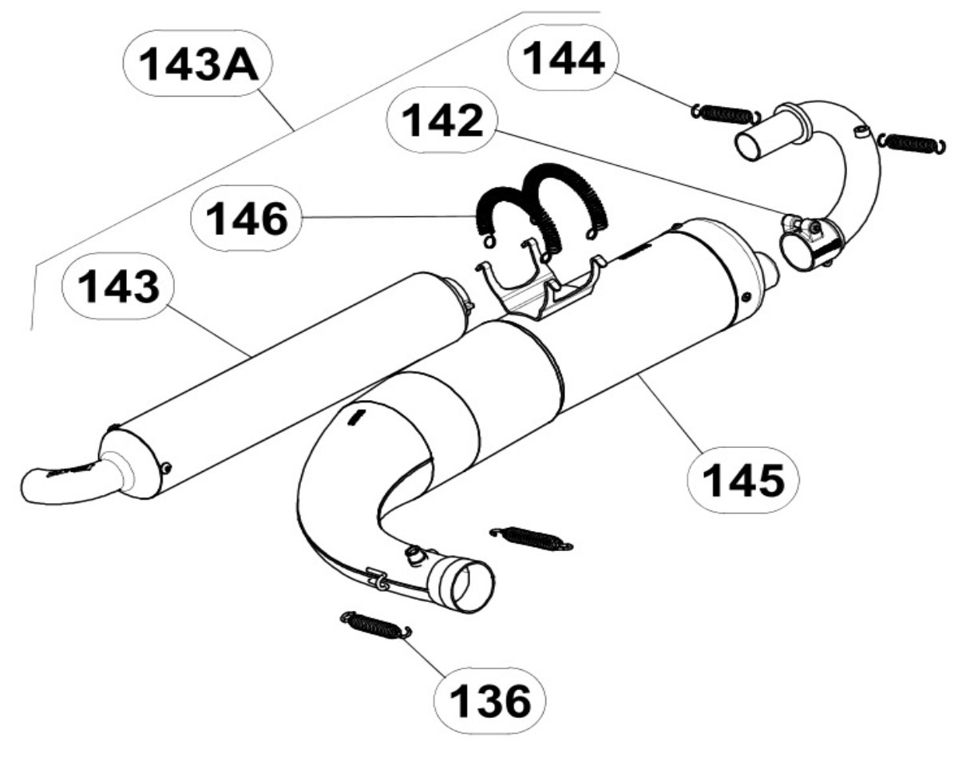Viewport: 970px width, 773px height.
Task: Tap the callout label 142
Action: pyautogui.click(x=441, y=120)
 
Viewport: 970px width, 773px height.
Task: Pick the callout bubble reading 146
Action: pyautogui.click(x=246, y=217)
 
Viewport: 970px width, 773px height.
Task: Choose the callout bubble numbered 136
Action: pyautogui.click(x=490, y=701)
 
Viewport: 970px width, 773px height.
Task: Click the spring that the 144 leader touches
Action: pyautogui.click(x=725, y=113)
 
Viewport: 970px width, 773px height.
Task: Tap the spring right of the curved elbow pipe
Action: pyautogui.click(x=912, y=143)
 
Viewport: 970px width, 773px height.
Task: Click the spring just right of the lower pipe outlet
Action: pyautogui.click(x=530, y=538)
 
